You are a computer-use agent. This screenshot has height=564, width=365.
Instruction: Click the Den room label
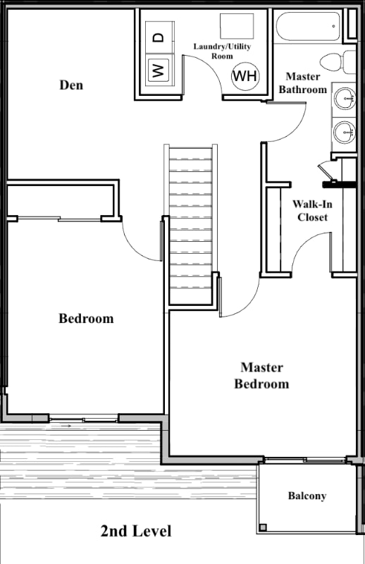71,85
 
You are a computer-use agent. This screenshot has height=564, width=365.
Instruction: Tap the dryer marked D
160,37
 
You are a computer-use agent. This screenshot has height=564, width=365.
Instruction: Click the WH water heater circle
245,76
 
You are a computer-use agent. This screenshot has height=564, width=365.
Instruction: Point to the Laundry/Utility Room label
222,51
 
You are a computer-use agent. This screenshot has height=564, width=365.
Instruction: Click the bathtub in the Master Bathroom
308,27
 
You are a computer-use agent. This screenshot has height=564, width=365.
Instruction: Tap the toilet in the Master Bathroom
338,61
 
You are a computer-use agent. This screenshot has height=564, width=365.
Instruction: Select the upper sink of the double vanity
345,98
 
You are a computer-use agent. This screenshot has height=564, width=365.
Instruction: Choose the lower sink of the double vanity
345,132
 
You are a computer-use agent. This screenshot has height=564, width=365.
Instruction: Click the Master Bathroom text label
303,82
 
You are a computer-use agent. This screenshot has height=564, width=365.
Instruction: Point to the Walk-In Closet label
312,211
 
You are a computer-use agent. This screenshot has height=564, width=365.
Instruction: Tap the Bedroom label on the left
86,319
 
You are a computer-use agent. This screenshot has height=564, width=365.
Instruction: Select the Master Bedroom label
261,376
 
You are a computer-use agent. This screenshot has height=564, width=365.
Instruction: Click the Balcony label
307,496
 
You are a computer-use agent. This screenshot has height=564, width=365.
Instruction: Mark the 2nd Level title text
136,531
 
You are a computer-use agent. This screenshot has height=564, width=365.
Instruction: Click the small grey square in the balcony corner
264,527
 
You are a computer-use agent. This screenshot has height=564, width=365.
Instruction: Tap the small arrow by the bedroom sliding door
66,426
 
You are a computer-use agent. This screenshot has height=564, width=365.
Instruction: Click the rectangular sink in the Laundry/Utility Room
237,26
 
